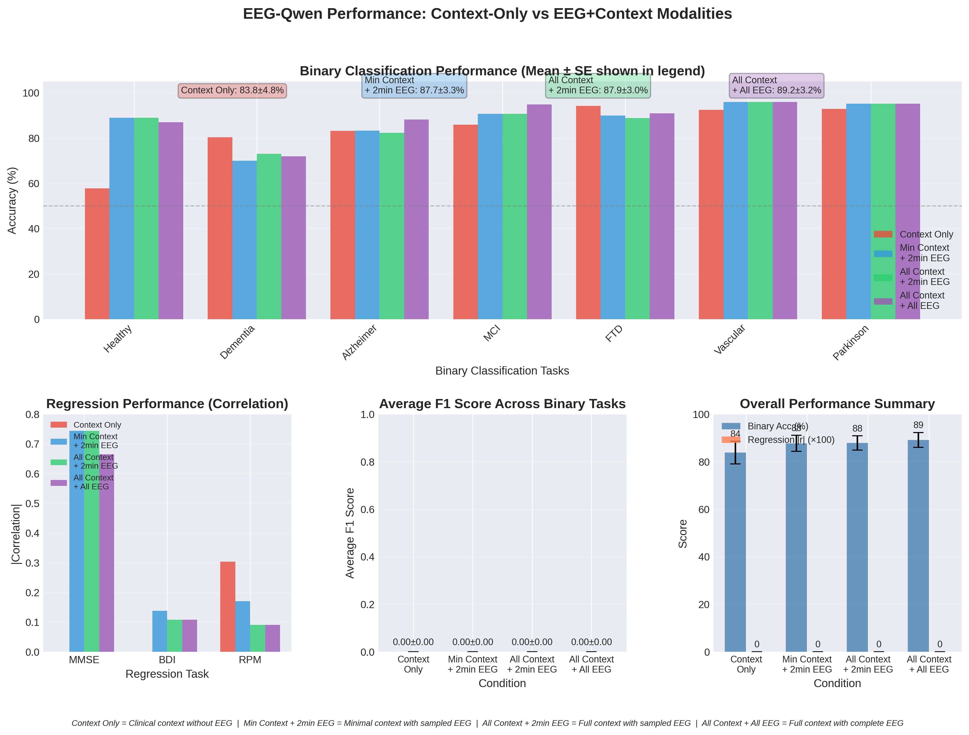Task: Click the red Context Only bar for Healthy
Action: point(97,254)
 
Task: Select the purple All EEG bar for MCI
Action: point(539,212)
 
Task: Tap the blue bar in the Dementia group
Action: point(244,240)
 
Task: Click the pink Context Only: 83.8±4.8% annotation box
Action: point(232,91)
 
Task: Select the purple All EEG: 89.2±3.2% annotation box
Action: point(776,85)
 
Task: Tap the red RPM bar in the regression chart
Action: point(228,607)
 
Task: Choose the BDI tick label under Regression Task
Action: point(167,660)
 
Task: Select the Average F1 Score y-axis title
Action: point(350,533)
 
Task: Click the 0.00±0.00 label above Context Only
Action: point(413,642)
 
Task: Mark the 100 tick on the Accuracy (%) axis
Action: point(31,93)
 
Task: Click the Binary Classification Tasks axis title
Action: point(502,371)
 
